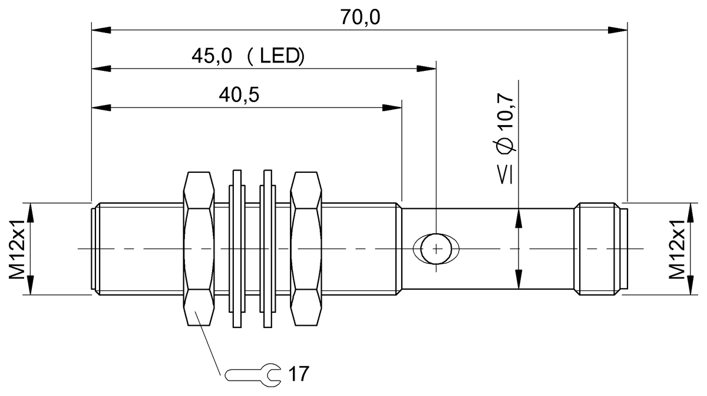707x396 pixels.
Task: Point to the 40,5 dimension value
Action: (240, 95)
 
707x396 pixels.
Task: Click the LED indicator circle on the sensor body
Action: (435, 248)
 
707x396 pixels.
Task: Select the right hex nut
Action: (307, 248)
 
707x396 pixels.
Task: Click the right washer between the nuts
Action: (266, 248)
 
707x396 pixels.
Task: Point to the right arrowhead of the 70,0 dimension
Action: (619, 28)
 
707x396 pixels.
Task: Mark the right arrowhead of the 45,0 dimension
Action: (427, 68)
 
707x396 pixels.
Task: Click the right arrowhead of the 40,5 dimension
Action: (393, 108)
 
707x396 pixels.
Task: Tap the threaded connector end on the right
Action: (598, 248)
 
